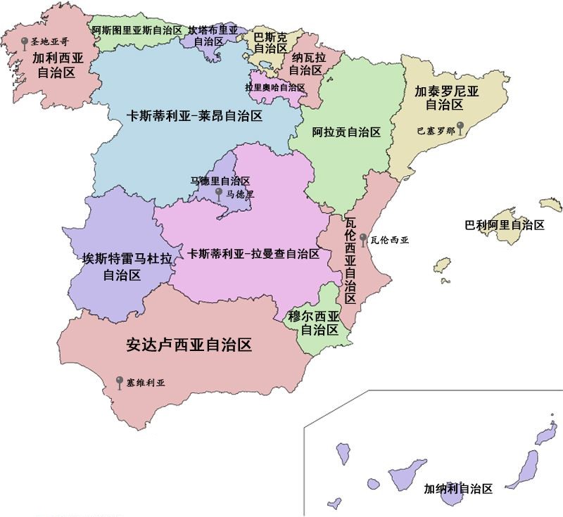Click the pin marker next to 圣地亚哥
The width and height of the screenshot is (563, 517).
pyautogui.click(x=25, y=44)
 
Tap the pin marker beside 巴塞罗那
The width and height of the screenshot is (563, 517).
pyautogui.click(x=460, y=127)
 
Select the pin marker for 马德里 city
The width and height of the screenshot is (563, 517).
pyautogui.click(x=219, y=192)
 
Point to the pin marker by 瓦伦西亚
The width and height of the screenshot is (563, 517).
pyautogui.click(x=362, y=238)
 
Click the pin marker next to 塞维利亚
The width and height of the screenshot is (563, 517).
pyautogui.click(x=120, y=382)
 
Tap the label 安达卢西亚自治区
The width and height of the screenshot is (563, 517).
pyautogui.click(x=189, y=345)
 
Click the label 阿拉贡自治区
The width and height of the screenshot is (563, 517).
pyautogui.click(x=346, y=132)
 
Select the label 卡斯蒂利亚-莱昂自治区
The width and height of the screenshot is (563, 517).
pyautogui.click(x=194, y=116)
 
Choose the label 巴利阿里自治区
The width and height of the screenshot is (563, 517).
pyautogui.click(x=505, y=225)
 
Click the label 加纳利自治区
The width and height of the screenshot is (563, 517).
pyautogui.click(x=457, y=488)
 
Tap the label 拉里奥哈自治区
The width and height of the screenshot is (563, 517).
pyautogui.click(x=275, y=87)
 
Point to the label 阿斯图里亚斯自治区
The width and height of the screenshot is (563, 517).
pyautogui.click(x=137, y=30)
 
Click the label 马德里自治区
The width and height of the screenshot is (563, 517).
pyautogui.click(x=220, y=181)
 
